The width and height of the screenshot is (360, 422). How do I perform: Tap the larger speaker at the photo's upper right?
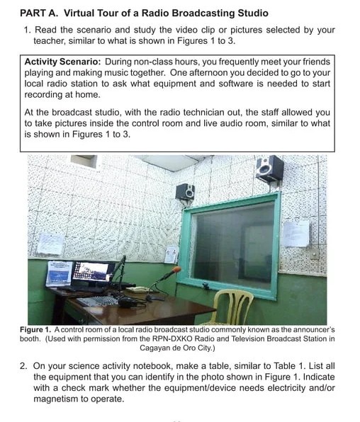click(270, 169)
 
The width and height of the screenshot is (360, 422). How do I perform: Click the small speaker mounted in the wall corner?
click(185, 190)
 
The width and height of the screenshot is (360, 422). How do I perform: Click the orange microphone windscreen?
click(176, 270)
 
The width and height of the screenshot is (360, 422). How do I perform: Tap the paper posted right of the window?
click(295, 233)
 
